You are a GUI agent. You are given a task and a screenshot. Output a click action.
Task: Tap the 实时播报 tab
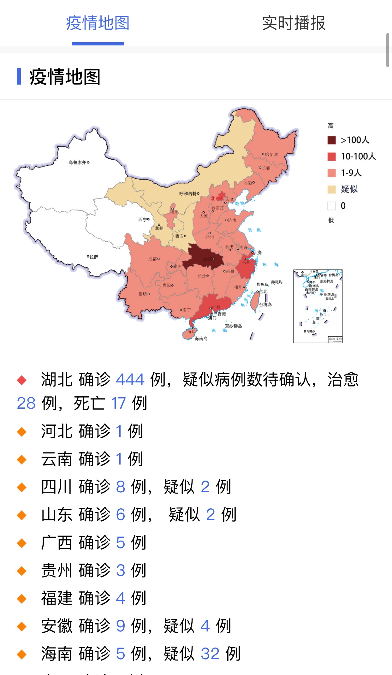tap(294, 23)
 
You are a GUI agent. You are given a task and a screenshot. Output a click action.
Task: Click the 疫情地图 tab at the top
tap(98, 23)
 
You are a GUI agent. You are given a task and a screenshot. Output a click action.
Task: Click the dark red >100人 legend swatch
tap(331, 140)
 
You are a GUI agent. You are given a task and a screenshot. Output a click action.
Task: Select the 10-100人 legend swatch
tap(331, 157)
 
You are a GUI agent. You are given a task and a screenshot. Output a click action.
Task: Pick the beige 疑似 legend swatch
tap(331, 189)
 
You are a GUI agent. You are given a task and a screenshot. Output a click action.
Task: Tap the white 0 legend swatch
tap(331, 206)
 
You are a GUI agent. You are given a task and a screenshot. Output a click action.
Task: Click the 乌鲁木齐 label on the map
tap(78, 163)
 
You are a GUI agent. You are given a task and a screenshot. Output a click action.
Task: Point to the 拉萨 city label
tap(94, 257)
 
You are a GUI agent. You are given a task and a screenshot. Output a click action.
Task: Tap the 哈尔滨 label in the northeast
tap(271, 154)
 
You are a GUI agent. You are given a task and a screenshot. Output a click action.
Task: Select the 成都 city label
tap(152, 259)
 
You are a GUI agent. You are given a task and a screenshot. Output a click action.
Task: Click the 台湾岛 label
tap(265, 305)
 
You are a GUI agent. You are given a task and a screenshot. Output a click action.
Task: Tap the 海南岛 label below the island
tap(201, 339)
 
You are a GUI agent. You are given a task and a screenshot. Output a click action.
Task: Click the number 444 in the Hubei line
tap(130, 379)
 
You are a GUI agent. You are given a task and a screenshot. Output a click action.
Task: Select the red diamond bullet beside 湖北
tap(22, 380)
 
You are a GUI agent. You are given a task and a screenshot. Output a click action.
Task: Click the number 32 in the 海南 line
tap(210, 654)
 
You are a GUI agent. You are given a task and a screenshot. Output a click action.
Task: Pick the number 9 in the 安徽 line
tap(121, 626)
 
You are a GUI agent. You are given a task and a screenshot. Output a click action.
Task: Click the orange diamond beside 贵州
tap(22, 571)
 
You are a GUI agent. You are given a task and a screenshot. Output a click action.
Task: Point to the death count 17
tap(118, 403)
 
